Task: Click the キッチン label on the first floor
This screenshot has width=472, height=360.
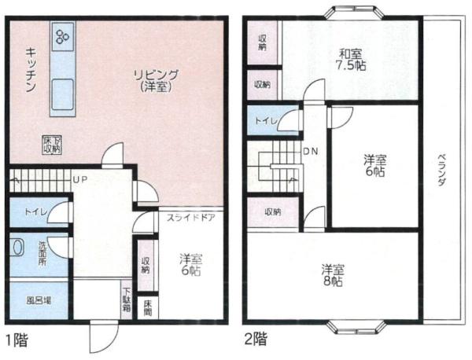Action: (31, 69)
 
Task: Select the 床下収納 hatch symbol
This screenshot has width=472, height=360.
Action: (52, 145)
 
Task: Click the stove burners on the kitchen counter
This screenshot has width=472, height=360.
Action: (63, 36)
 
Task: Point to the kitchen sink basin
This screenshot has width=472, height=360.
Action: (63, 94)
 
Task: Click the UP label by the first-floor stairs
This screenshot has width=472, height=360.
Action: (80, 179)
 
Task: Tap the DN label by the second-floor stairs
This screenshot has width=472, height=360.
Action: (311, 152)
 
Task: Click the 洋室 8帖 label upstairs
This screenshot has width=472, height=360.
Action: (332, 275)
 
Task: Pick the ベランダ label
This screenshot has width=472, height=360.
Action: (441, 170)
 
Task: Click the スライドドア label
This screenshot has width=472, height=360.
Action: (191, 218)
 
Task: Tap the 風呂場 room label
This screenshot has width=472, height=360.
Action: (39, 300)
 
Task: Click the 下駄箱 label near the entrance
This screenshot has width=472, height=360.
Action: (127, 299)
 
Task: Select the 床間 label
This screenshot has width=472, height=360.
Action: (148, 307)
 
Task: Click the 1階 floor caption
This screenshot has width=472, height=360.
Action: (17, 341)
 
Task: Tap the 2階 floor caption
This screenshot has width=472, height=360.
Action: (256, 340)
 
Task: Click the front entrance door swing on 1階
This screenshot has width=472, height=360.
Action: (104, 337)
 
